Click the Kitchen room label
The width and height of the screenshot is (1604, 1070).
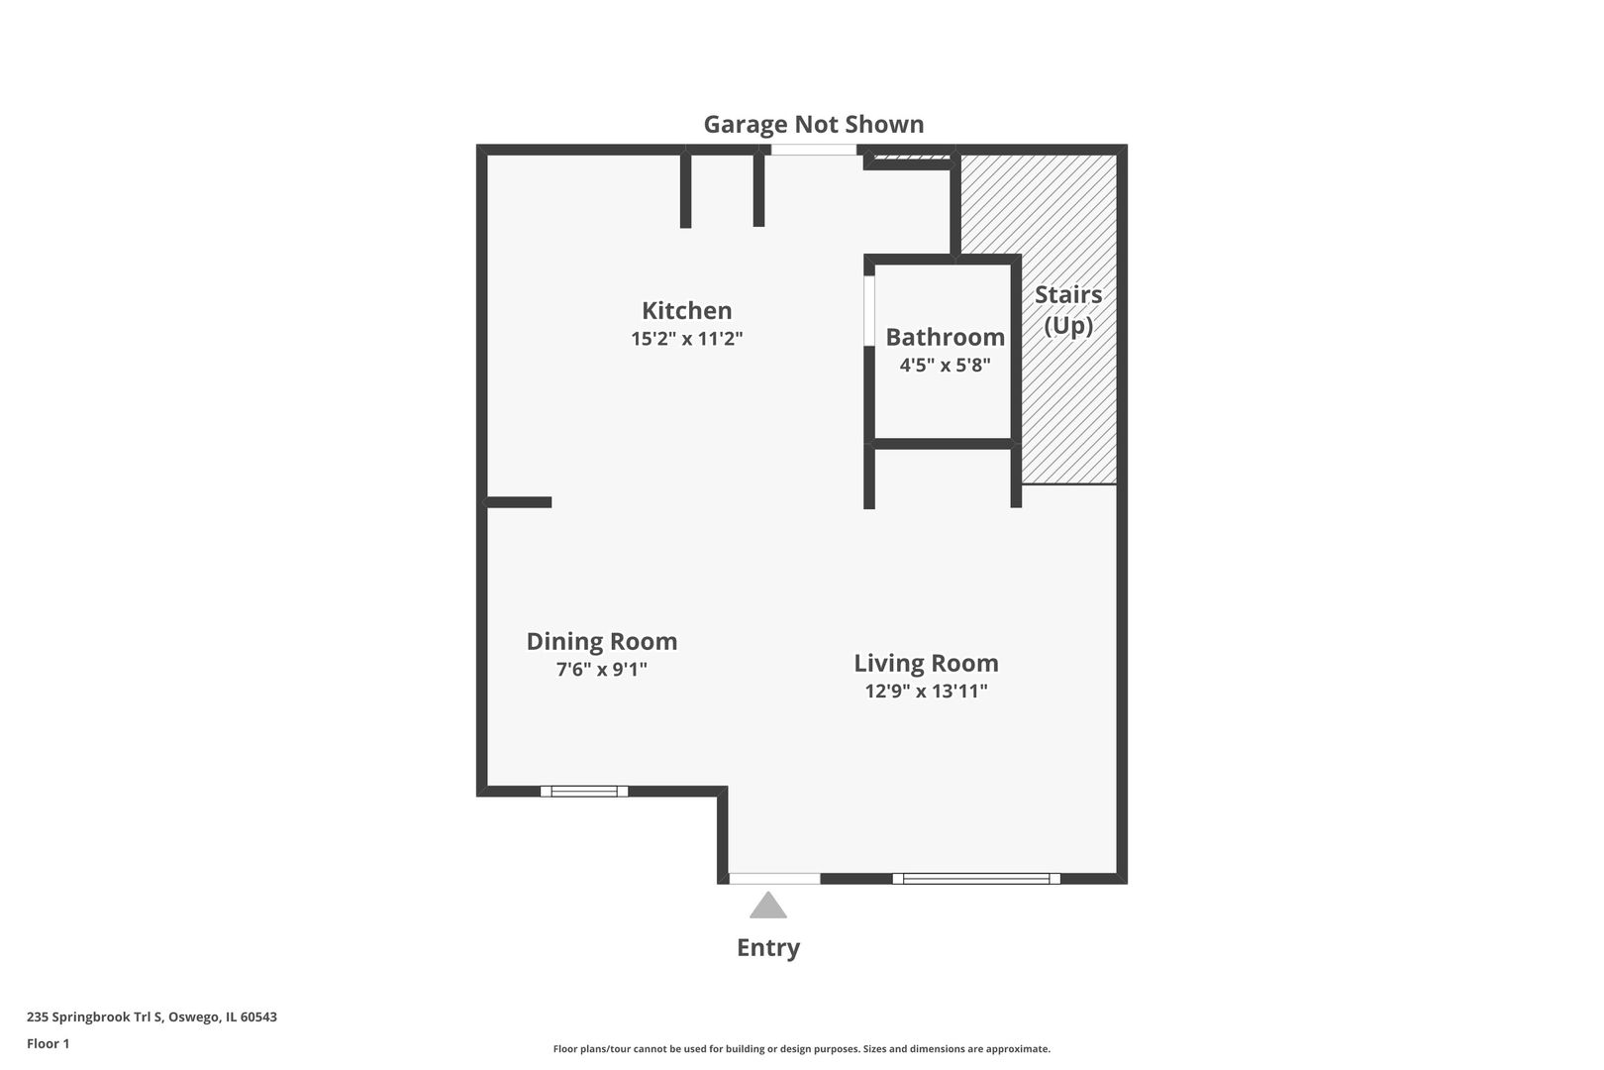coord(686,310)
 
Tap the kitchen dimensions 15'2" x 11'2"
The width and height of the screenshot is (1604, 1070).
coord(686,339)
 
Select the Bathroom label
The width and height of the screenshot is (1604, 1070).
coord(945,337)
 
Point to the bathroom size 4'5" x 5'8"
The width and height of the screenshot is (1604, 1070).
coord(945,365)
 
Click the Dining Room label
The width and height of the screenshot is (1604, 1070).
coord(601,641)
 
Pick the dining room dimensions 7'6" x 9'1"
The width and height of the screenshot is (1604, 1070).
coord(601,670)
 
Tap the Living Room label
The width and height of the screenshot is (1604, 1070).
coord(926,663)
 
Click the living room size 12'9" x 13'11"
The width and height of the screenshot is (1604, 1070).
coord(926,692)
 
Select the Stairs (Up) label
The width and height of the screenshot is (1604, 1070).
coord(1068,309)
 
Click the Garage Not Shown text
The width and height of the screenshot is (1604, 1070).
coord(813,124)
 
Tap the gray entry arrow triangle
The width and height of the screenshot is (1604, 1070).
coord(768,907)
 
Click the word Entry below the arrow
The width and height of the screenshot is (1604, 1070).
coord(768,948)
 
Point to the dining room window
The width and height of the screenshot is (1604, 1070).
coord(584,791)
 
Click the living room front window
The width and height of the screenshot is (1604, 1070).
coord(976,878)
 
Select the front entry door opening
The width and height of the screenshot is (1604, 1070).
coord(774,878)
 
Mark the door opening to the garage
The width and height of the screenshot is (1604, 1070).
coord(814,150)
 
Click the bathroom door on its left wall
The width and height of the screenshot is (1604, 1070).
coord(868,310)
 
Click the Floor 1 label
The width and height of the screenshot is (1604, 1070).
coord(48,1043)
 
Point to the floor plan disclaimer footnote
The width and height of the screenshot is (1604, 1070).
coord(801,1048)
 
